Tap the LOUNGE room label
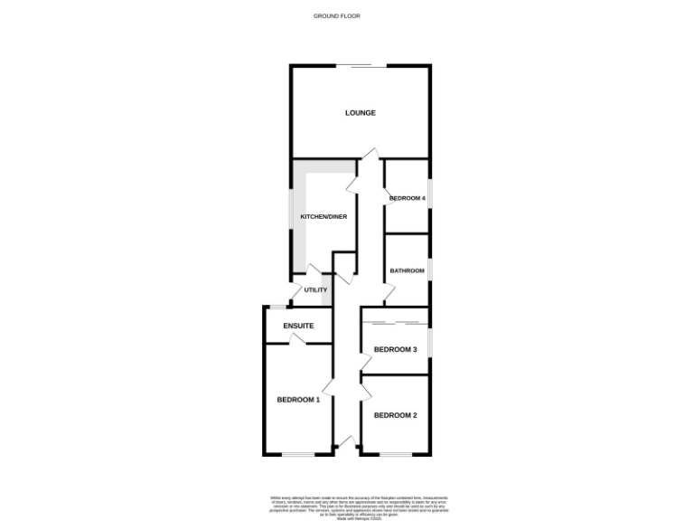tap(360, 113)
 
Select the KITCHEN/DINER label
tap(324, 217)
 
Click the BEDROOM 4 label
tap(407, 197)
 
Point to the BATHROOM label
tap(407, 270)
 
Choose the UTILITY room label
tap(315, 290)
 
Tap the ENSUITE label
tap(298, 325)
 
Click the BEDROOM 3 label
tap(395, 349)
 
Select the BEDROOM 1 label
tap(298, 400)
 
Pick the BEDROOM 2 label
tap(395, 415)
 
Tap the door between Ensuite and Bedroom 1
tap(295, 339)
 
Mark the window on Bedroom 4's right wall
tap(428, 197)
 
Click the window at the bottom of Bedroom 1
tap(298, 453)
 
